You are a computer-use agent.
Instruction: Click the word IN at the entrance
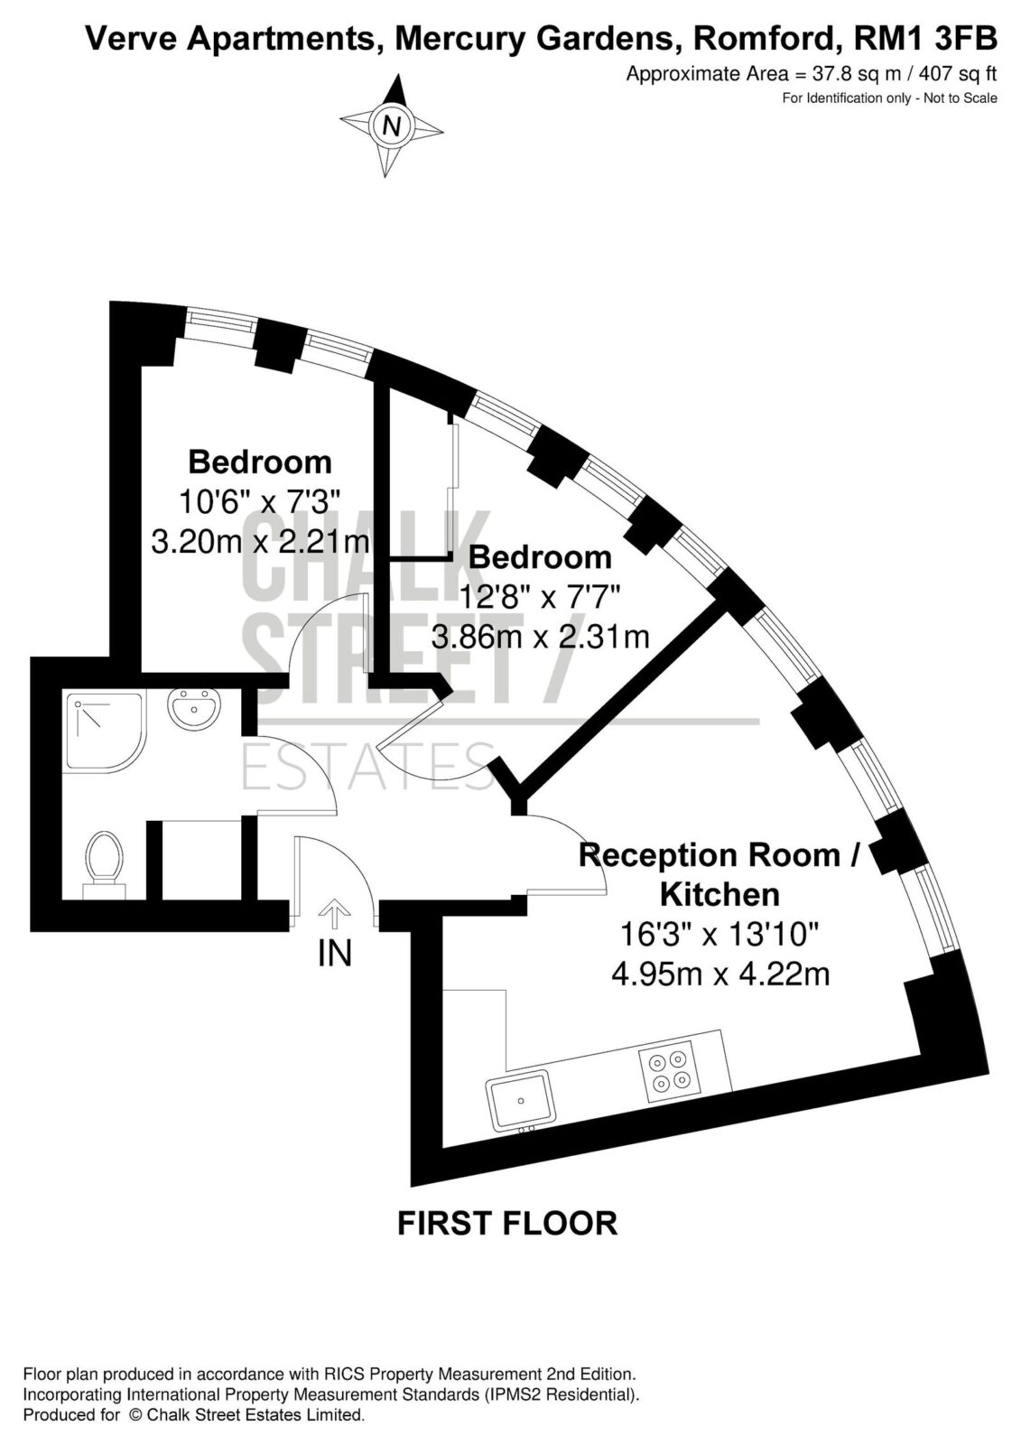click(334, 953)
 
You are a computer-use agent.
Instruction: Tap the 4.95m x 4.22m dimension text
click(720, 974)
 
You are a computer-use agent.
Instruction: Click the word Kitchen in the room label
click(720, 895)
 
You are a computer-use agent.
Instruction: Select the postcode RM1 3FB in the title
click(925, 39)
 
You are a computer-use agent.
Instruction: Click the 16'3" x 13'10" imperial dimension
click(719, 934)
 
